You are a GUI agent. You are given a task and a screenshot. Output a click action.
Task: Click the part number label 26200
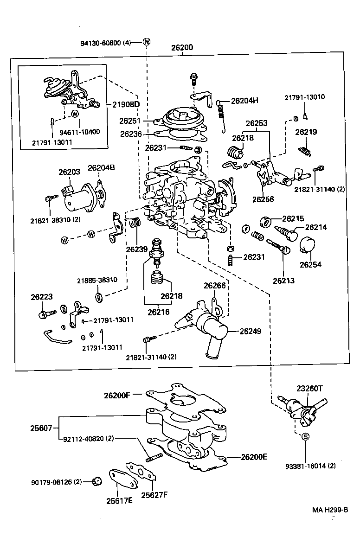point(182,47)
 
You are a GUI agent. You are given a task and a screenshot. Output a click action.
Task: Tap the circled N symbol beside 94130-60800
point(147,43)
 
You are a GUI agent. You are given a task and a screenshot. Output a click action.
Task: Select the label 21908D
point(126,104)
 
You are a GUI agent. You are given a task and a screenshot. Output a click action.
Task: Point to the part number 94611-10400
point(79,132)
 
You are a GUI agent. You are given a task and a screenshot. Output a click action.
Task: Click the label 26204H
point(244,101)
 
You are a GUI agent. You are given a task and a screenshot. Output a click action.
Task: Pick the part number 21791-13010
point(304,97)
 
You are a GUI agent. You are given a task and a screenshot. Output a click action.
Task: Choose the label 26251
point(129,121)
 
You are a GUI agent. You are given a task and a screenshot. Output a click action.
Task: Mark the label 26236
point(130,134)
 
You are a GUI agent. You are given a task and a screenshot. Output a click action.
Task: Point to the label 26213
point(283,281)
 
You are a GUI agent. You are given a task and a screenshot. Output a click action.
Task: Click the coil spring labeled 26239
point(135,223)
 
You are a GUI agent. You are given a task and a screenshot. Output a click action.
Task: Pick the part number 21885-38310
point(97,280)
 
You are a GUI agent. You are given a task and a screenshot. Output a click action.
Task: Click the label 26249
point(251,332)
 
